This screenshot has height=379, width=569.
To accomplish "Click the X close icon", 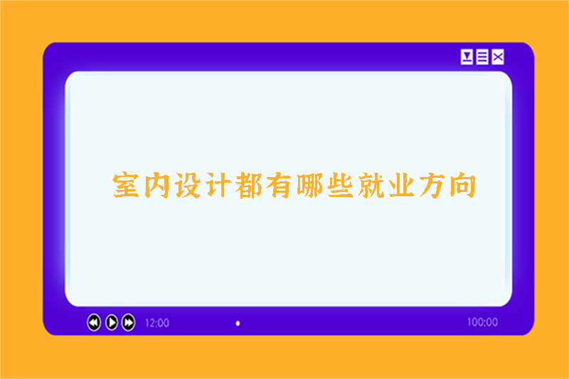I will pyautogui.click(x=498, y=57).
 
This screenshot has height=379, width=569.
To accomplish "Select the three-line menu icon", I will pyautogui.click(x=482, y=57).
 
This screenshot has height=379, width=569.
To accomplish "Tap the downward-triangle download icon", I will pyautogui.click(x=467, y=57).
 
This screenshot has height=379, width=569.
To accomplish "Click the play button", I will pyautogui.click(x=111, y=322).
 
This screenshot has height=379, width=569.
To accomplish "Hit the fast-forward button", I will pyautogui.click(x=128, y=322).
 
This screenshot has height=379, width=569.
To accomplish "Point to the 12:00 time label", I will pyautogui.click(x=156, y=323).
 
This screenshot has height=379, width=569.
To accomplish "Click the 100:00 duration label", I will pyautogui.click(x=482, y=323).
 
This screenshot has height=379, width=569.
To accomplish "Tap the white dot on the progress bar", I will pyautogui.click(x=238, y=323).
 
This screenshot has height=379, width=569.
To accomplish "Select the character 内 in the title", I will pyautogui.click(x=158, y=185).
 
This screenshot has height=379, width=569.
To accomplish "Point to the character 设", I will pyautogui.click(x=188, y=185).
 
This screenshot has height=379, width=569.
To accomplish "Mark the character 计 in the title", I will pyautogui.click(x=219, y=185).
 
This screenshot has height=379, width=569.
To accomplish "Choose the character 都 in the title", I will pyautogui.click(x=250, y=185).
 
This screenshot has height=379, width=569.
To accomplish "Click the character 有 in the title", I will pyautogui.click(x=282, y=185).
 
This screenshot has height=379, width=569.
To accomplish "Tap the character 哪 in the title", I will pyautogui.click(x=313, y=185).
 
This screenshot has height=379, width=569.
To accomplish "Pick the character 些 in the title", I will pyautogui.click(x=344, y=185).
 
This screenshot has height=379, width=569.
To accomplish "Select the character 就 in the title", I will pyautogui.click(x=376, y=185).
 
